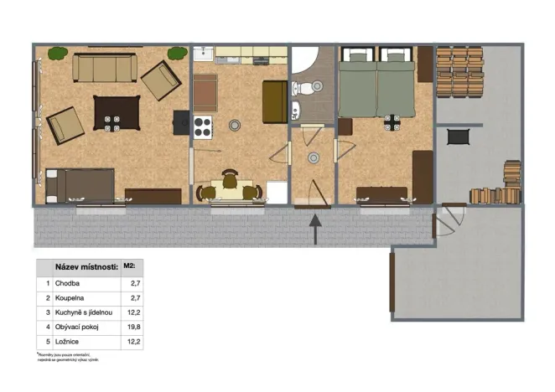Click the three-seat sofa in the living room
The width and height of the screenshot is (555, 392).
coord(105,67)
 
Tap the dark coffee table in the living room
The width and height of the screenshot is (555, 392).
coord(116,112)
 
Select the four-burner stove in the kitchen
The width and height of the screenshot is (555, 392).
coord(204,126)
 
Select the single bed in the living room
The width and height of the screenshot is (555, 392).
coord(80,185)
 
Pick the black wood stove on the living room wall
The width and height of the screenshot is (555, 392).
coord(181,123)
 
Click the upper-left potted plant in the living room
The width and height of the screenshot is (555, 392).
coord(57,54)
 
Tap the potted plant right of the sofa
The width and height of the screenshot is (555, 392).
coord(176,54)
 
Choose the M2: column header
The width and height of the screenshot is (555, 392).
coord(129,267)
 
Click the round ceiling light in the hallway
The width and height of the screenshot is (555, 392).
coord(314,157)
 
